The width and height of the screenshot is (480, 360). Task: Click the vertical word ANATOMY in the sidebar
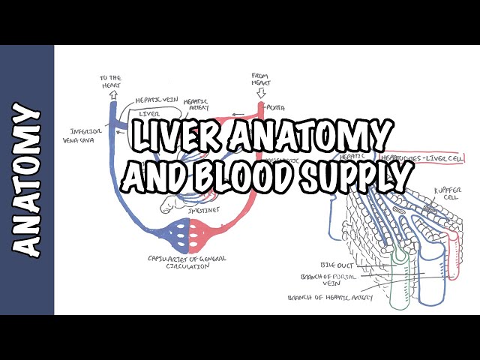[x=27, y=181]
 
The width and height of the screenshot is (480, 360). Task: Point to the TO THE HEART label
[x=110, y=82]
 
